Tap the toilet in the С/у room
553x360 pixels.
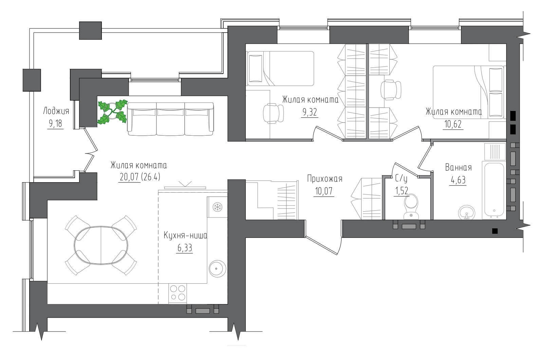(x=411, y=207)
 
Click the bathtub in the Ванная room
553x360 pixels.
(x=494, y=190)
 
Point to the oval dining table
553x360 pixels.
(x=101, y=246)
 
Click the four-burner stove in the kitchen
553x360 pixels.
(x=178, y=293)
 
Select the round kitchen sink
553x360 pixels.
(x=217, y=268)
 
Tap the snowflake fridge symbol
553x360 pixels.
(x=217, y=207)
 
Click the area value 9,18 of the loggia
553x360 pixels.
(x=56, y=124)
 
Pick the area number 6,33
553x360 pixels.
(x=185, y=248)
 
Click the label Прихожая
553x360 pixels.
(x=325, y=179)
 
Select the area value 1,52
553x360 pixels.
(x=401, y=191)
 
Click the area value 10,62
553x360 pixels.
(x=453, y=124)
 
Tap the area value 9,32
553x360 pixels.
(x=310, y=113)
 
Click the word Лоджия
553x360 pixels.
(x=56, y=111)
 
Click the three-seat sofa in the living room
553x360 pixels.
(x=170, y=119)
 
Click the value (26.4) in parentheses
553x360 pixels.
(x=151, y=177)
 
